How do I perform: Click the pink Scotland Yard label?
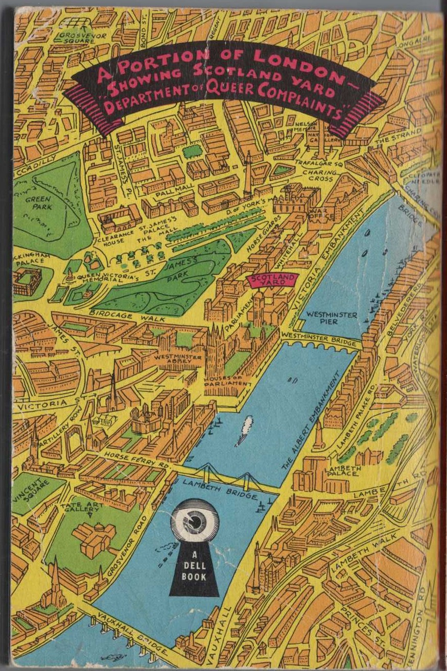click(x=273, y=280)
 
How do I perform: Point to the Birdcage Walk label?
click(x=128, y=314)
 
